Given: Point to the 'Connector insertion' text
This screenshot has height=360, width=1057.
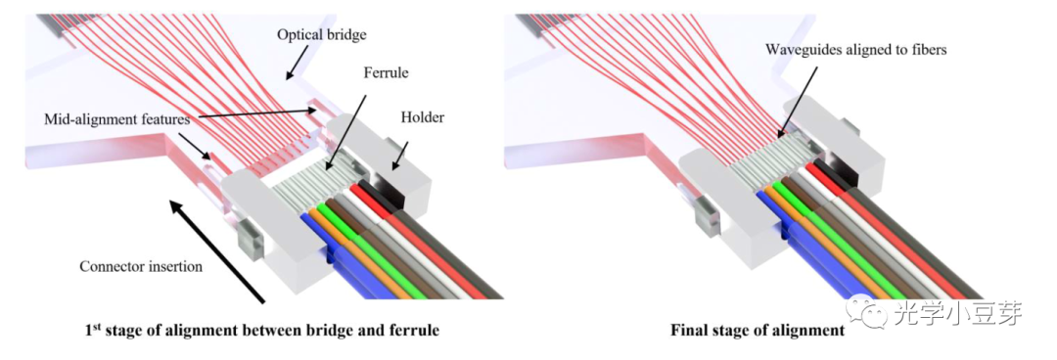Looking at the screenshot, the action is click(142, 266).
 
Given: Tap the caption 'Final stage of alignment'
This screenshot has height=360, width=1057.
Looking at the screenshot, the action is click(757, 330).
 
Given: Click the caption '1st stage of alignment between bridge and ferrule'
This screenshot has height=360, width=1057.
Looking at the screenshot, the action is click(261, 330).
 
